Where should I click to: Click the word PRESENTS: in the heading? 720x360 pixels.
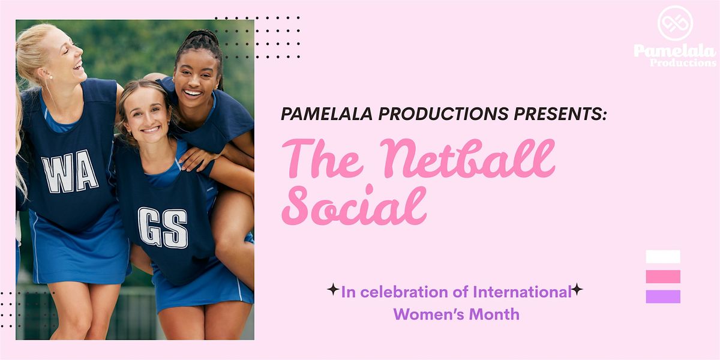pyautogui.click(x=560, y=114)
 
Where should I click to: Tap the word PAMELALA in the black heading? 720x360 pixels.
pyautogui.click(x=326, y=114)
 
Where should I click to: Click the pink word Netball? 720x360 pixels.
pyautogui.click(x=467, y=159)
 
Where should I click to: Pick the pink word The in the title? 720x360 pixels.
pyautogui.click(x=322, y=159)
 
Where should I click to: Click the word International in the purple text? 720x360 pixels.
pyautogui.click(x=522, y=292)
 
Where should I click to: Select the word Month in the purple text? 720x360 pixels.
pyautogui.click(x=494, y=314)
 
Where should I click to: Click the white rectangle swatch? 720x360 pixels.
pyautogui.click(x=663, y=257)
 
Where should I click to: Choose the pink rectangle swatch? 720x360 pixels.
pyautogui.click(x=663, y=277)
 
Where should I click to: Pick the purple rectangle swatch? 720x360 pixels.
pyautogui.click(x=663, y=296)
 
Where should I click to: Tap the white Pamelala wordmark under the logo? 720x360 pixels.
pyautogui.click(x=675, y=55)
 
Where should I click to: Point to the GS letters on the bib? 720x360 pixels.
pyautogui.click(x=163, y=227)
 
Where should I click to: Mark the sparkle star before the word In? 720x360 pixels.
pyautogui.click(x=333, y=289)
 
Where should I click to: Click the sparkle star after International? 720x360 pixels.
pyautogui.click(x=577, y=289)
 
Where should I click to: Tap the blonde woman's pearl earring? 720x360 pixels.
pyautogui.click(x=50, y=77)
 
